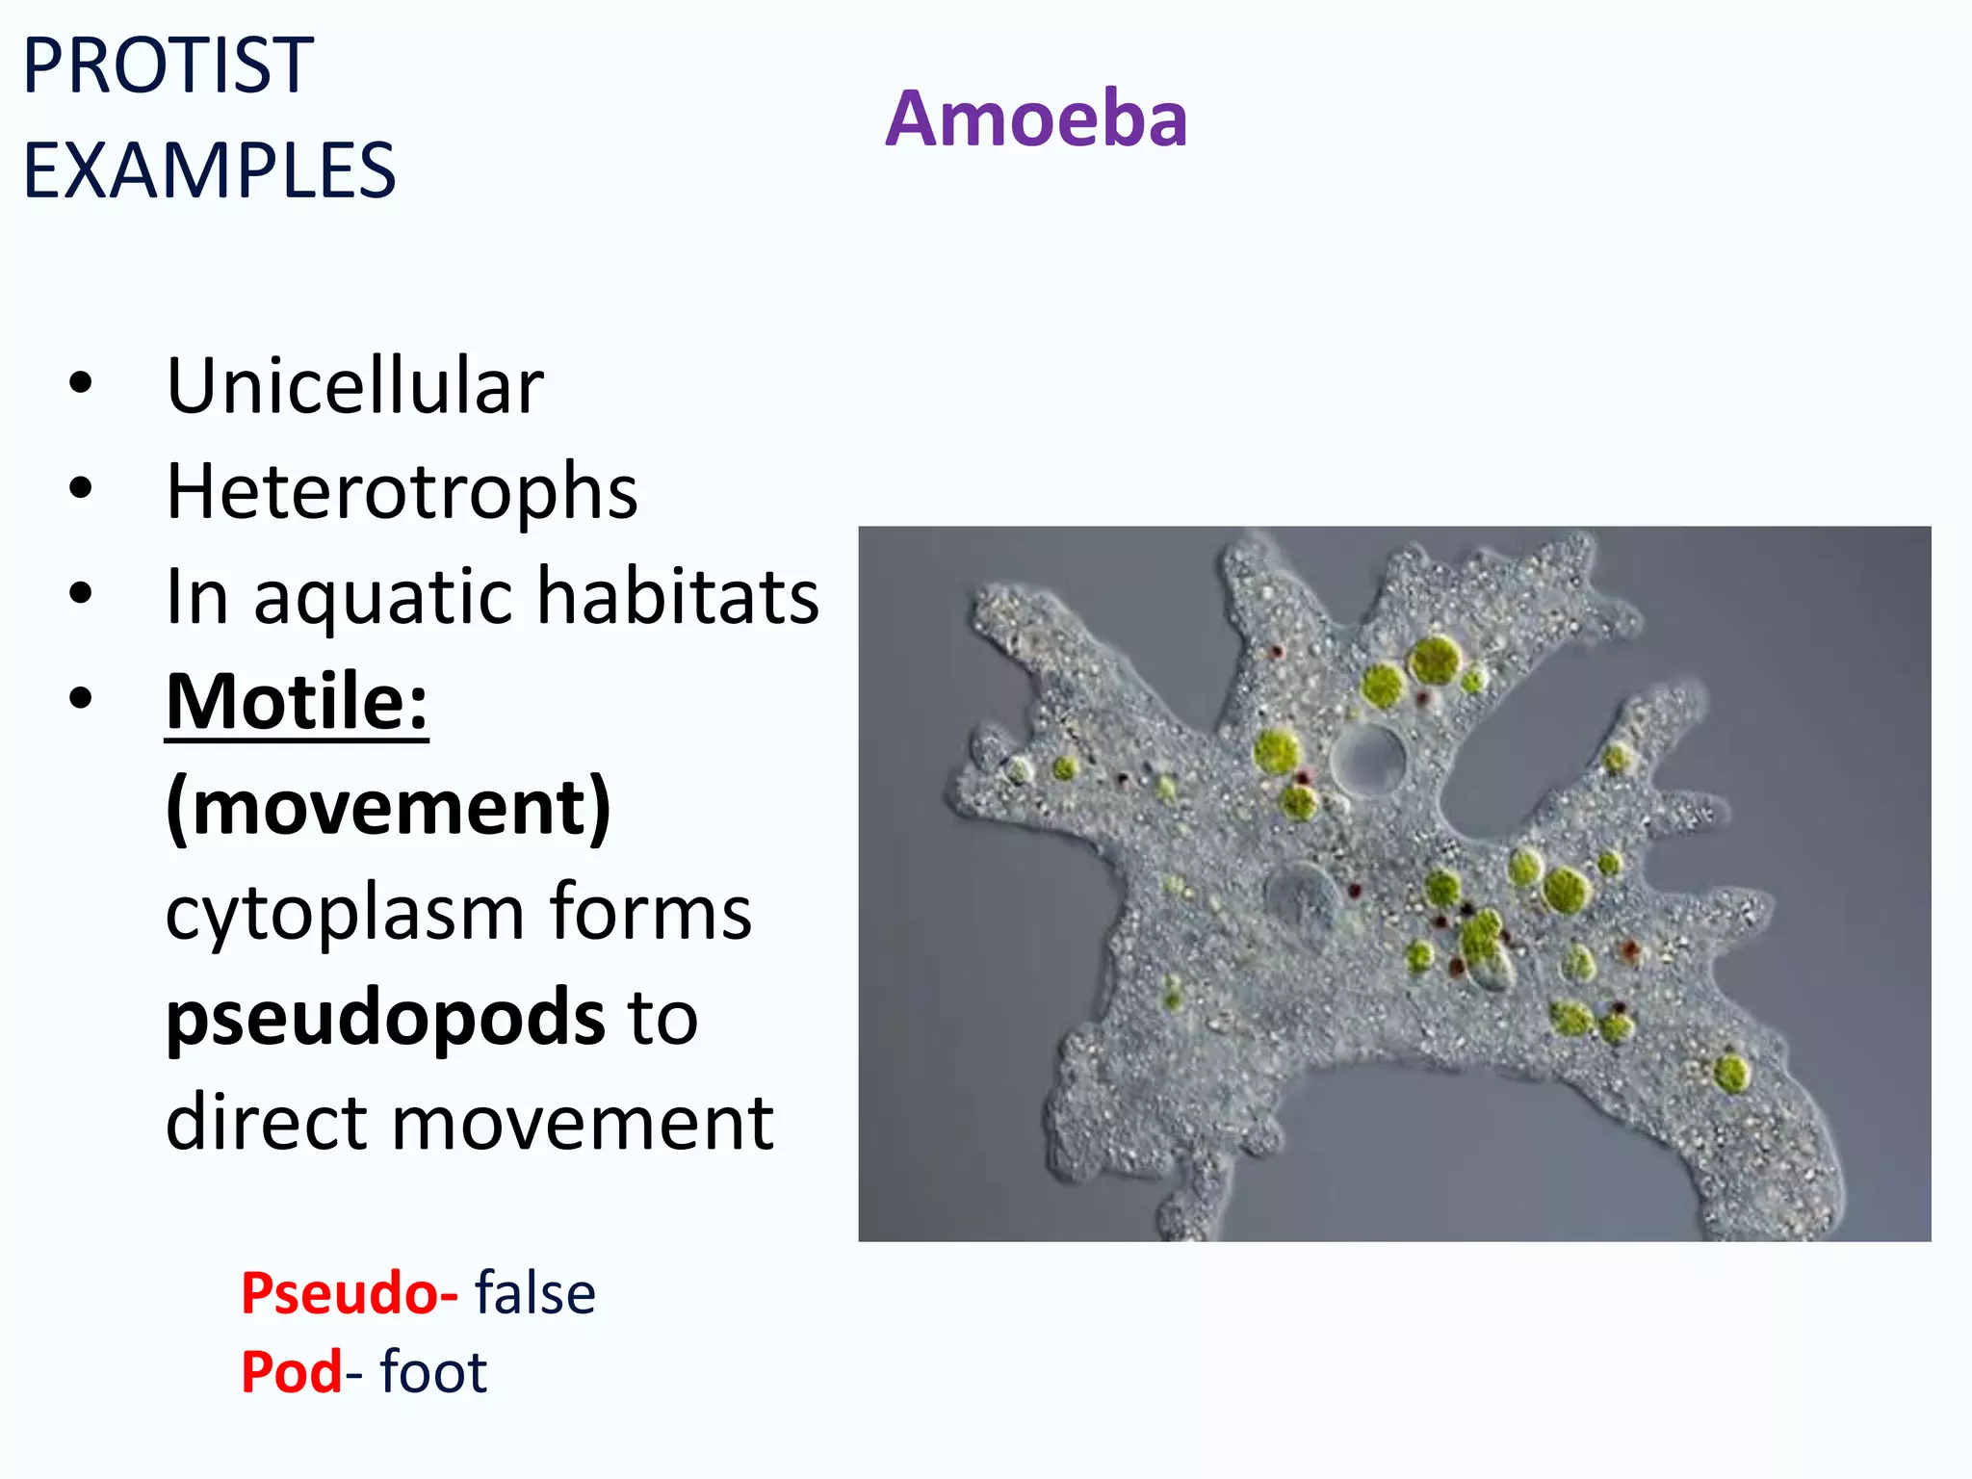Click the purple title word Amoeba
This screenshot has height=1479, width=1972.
1036,118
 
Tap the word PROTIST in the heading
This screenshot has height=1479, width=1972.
169,65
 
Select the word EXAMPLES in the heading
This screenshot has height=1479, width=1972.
209,170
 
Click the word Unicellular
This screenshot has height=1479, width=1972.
354,385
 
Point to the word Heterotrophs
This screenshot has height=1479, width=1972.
402,491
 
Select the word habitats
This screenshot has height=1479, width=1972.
677,596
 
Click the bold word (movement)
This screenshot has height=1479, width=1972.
388,807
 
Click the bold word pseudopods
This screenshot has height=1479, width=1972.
385,1019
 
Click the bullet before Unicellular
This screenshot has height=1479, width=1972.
81,383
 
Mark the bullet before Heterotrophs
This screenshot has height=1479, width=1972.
81,488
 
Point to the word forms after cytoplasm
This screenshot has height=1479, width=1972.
651,912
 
